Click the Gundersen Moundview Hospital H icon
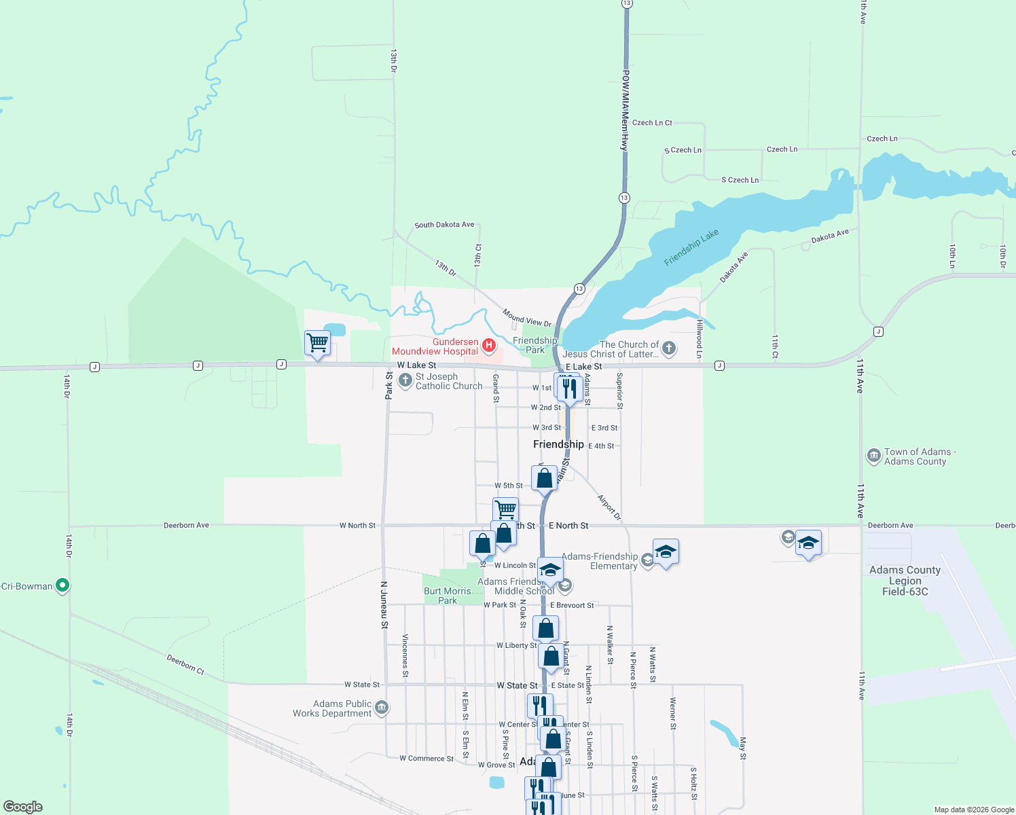(x=488, y=346)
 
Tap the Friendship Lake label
(x=691, y=247)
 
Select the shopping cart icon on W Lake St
(x=317, y=343)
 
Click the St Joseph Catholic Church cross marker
(x=405, y=380)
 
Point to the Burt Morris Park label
(x=447, y=596)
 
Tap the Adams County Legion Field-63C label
(x=905, y=581)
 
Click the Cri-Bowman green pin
(x=62, y=585)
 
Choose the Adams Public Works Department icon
(x=382, y=708)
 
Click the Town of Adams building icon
(x=874, y=456)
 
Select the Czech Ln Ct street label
(x=652, y=123)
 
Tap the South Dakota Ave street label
(x=444, y=225)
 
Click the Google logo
(x=23, y=807)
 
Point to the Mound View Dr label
(x=527, y=317)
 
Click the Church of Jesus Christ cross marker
(x=669, y=349)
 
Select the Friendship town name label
(x=558, y=444)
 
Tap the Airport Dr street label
(x=609, y=507)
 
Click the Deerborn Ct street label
(x=185, y=664)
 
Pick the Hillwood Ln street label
(x=699, y=339)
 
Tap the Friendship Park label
(x=534, y=345)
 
